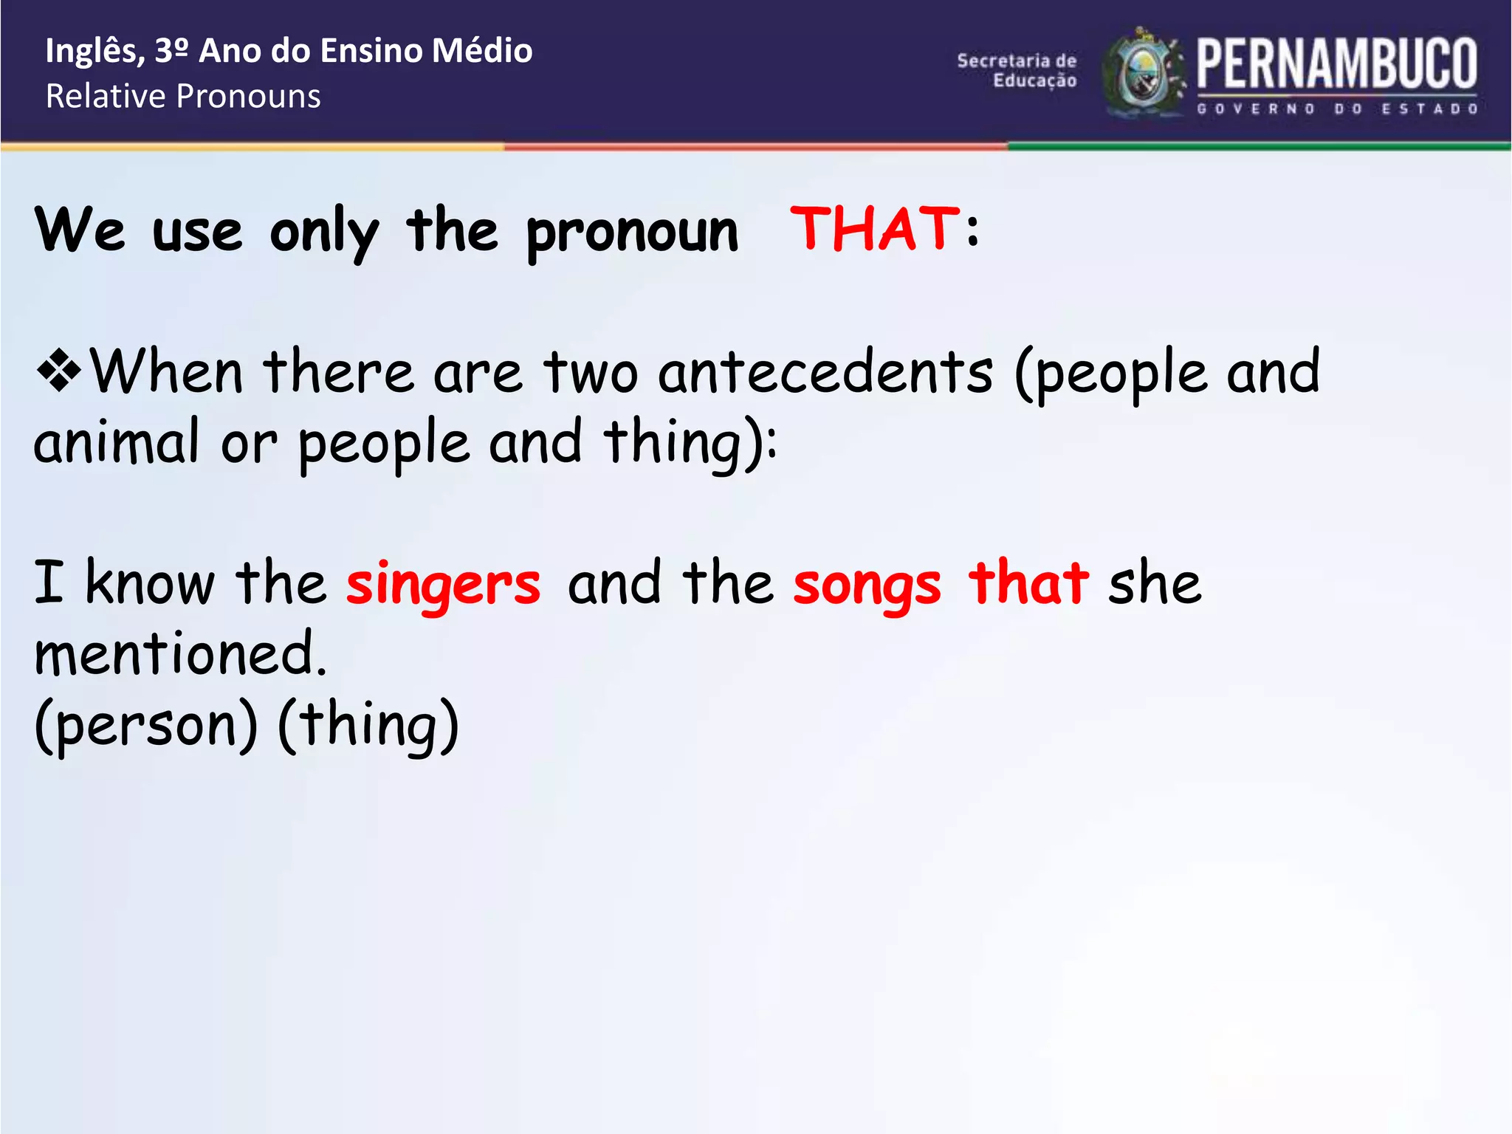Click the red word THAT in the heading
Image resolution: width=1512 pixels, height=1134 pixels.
(875, 229)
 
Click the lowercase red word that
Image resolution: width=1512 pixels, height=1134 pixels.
(1028, 583)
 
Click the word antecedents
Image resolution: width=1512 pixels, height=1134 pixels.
(825, 371)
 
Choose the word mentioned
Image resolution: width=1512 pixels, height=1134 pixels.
(180, 653)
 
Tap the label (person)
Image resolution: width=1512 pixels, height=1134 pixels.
(146, 725)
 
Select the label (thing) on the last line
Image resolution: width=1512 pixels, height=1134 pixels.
(368, 725)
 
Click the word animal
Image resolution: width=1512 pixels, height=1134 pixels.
(117, 442)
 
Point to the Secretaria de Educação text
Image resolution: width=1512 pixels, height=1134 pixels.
(1017, 71)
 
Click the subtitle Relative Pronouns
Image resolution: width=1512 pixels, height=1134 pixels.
(183, 97)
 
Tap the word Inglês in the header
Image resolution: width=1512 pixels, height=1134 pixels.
(94, 52)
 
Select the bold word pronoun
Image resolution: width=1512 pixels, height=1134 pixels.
(632, 232)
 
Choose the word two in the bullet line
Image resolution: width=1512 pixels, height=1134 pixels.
(591, 371)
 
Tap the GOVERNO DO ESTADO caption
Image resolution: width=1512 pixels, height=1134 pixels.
(1336, 109)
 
